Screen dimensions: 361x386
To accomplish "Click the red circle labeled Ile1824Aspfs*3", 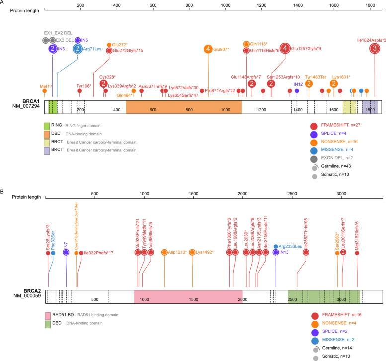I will tap(375, 49).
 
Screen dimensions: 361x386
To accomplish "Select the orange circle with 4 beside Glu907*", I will tap(208, 49).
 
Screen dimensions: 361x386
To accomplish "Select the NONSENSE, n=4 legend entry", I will tap(338, 325).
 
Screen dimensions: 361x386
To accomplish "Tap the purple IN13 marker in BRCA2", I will tap(276, 252).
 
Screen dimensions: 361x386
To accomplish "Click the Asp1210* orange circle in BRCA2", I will tap(164, 252).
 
